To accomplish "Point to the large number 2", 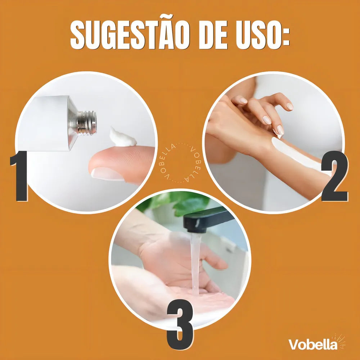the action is coord(334,176).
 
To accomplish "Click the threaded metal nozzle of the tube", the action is coord(86,123).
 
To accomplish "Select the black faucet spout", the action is coord(207,220).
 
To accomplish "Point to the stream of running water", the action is coord(195,264).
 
